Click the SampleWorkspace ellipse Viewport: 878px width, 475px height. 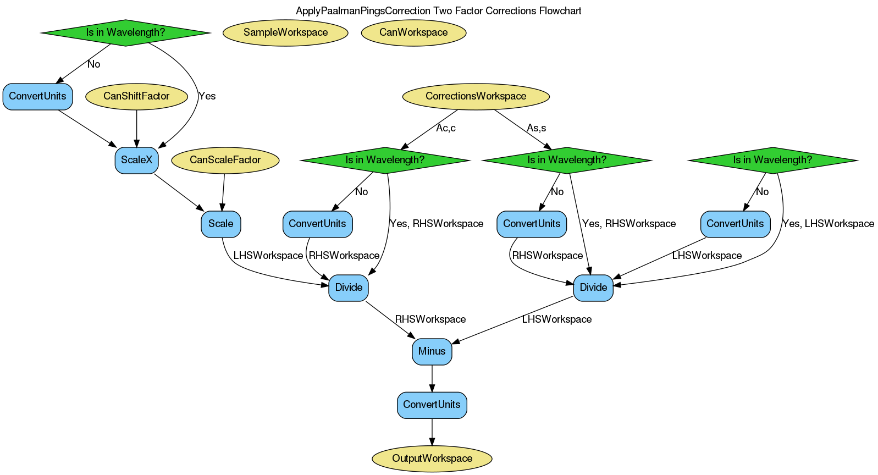285,32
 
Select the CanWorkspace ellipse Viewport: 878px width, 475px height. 413,32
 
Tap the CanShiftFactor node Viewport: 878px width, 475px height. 136,96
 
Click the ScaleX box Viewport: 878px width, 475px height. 136,160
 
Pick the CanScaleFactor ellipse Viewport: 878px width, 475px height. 225,160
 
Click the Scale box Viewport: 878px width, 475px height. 220,224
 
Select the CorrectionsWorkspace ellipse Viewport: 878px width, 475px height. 476,96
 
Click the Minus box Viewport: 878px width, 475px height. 432,351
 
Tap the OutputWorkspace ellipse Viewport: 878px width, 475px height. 432,459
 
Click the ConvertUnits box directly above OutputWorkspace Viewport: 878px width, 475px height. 432,405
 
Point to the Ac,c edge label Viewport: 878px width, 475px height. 445,128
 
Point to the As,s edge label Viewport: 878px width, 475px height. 536,128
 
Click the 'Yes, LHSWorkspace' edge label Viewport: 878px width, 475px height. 827,224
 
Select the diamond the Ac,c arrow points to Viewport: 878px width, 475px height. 385,160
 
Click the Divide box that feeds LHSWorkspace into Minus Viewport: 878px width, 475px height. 593,288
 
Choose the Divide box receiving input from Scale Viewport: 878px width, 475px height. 349,288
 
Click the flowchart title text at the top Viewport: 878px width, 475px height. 438,11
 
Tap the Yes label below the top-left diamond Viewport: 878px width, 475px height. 207,96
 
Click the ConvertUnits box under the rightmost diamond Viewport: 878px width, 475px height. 735,224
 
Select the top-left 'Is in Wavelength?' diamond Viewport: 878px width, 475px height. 125,32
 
